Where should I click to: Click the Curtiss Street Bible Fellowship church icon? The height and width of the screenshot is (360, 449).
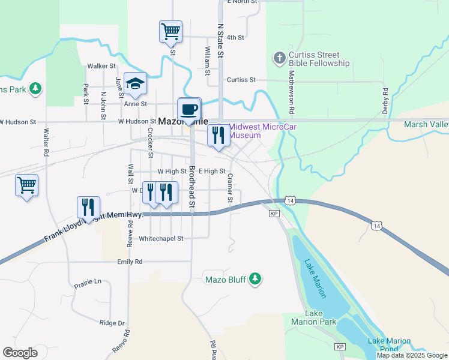[279, 58]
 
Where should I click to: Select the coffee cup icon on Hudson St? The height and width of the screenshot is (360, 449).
[188, 109]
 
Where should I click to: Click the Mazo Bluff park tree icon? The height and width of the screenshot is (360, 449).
[256, 279]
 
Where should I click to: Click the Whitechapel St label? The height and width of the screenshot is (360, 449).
[160, 238]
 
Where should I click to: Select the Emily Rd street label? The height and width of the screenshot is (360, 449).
[130, 262]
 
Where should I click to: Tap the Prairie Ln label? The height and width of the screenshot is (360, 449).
[88, 281]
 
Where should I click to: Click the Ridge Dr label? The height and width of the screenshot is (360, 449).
[112, 323]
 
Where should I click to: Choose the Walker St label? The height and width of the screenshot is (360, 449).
[101, 66]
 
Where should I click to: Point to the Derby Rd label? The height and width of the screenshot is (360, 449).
[385, 100]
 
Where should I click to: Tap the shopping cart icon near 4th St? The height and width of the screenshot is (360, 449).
[170, 31]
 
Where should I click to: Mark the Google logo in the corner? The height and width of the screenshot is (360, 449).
[20, 353]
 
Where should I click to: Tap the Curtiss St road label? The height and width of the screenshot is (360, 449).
[241, 80]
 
